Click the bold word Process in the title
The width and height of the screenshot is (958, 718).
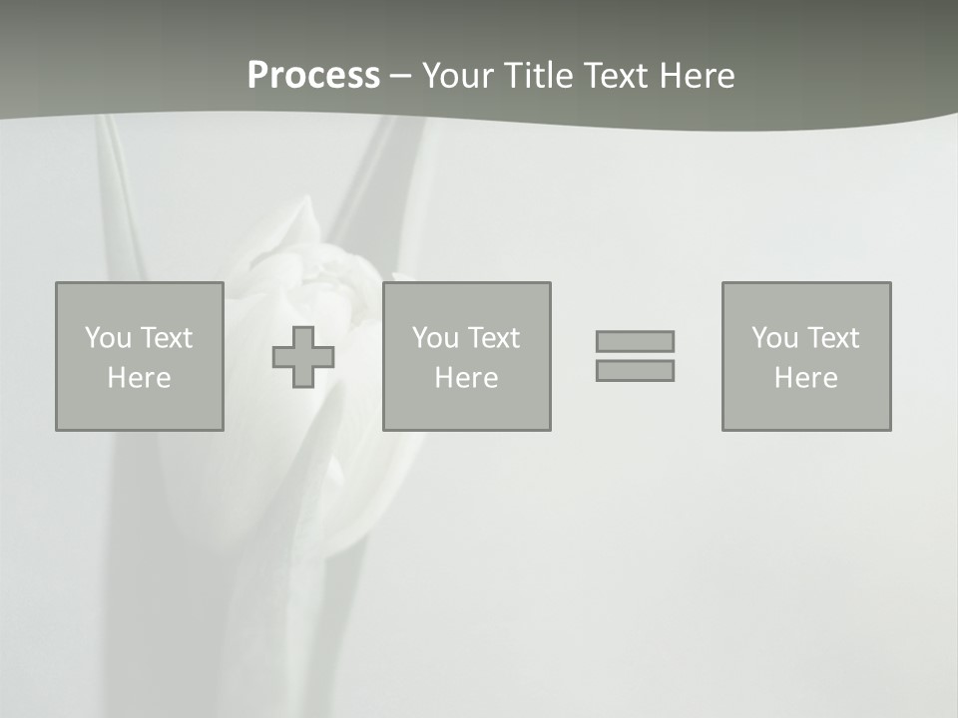[313, 76]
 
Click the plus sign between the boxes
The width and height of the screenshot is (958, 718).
[303, 357]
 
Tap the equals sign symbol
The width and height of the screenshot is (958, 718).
[635, 356]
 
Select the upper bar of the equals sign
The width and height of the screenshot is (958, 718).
[635, 341]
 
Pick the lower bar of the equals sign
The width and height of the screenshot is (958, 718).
[635, 370]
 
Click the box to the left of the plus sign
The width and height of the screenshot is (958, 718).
[140, 356]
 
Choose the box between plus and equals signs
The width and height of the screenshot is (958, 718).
[467, 356]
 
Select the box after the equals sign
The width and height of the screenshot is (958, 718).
[806, 356]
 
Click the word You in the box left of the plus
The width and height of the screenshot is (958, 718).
[108, 338]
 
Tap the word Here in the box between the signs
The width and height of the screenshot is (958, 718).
[467, 378]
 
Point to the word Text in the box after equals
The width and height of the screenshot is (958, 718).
[832, 338]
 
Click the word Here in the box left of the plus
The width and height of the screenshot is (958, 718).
[140, 378]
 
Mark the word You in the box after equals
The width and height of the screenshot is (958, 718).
[774, 338]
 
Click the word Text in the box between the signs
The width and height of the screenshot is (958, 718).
[493, 338]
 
